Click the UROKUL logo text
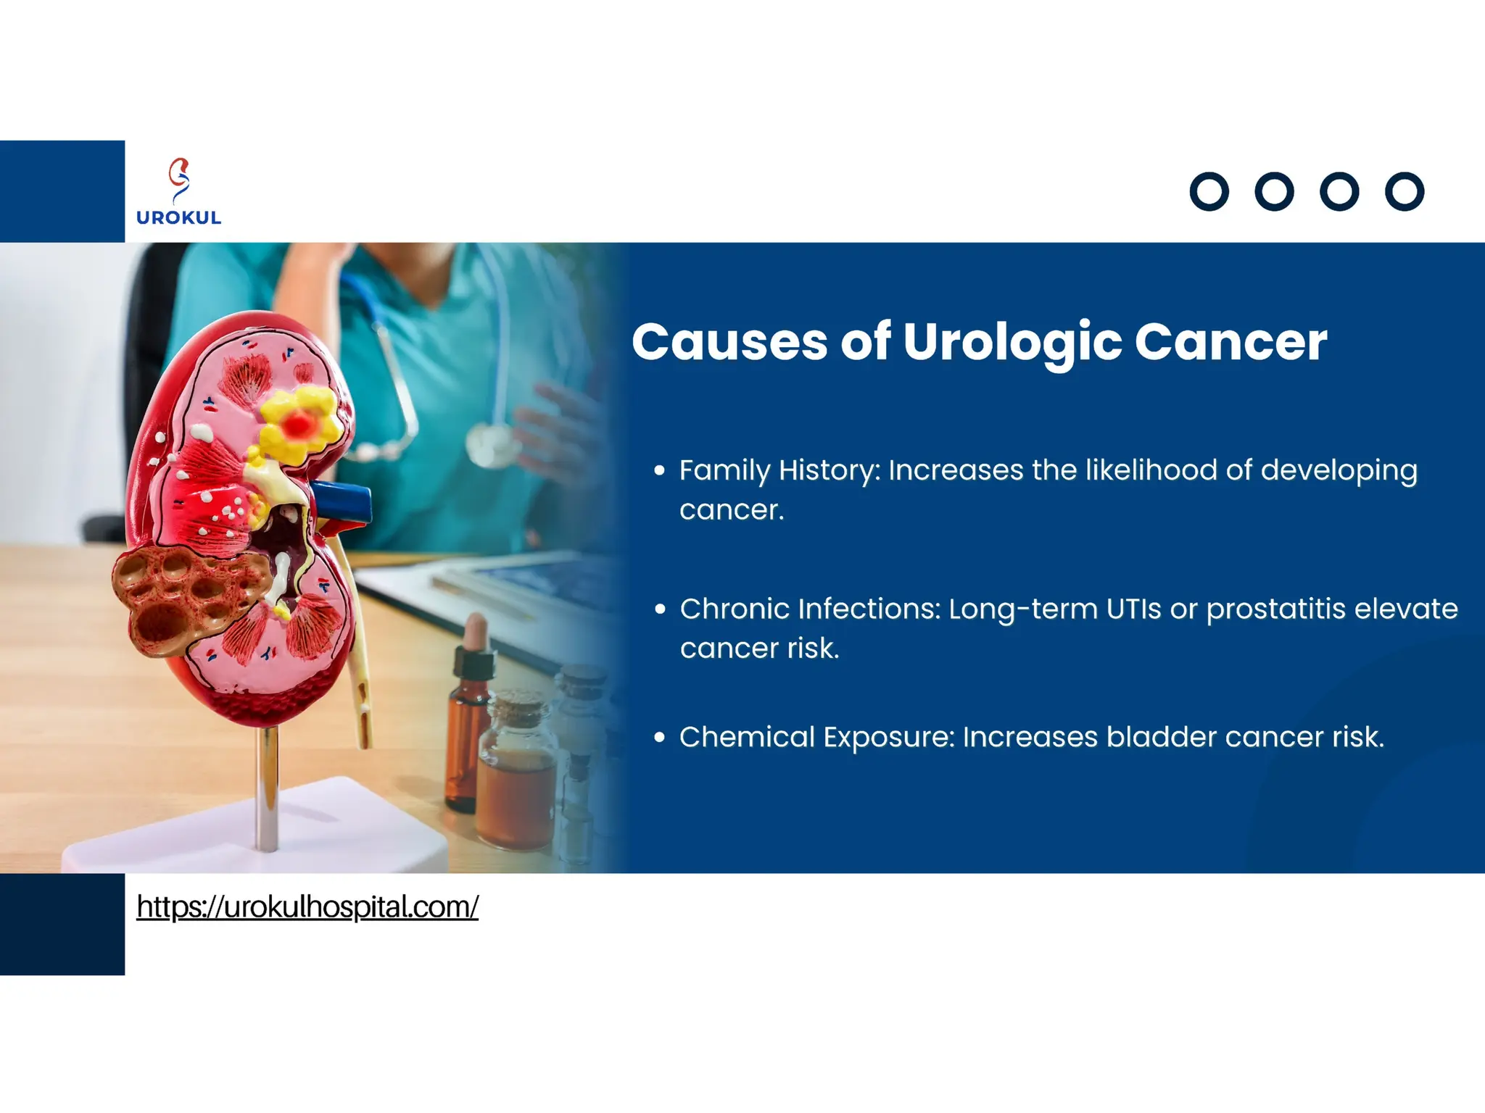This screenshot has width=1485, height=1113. [178, 217]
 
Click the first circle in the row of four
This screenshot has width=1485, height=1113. [1209, 192]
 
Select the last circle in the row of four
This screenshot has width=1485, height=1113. [1405, 192]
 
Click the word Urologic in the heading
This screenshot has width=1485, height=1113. [1012, 342]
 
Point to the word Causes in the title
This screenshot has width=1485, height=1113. [729, 342]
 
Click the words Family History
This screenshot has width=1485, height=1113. [779, 471]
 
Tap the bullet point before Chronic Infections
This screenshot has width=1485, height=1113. [659, 609]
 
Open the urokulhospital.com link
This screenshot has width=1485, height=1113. [307, 906]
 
